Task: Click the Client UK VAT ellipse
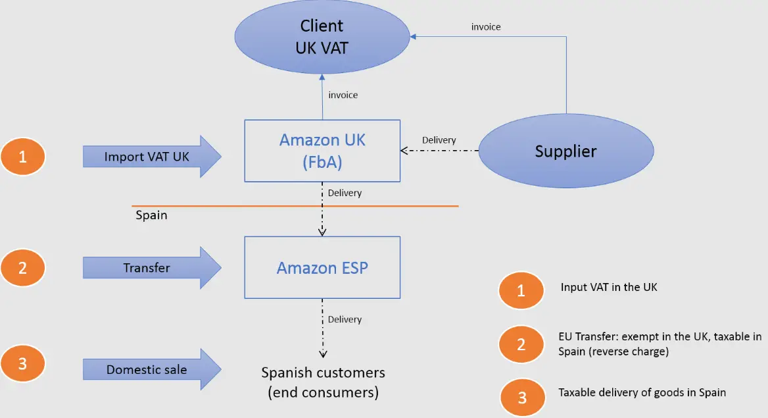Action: (322, 36)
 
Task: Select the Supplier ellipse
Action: (565, 151)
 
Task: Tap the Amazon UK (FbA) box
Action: (322, 150)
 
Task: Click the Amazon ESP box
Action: (322, 267)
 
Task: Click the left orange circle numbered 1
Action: (22, 157)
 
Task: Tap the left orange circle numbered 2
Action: (22, 268)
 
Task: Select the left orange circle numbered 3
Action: (22, 363)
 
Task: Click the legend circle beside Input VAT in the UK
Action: (521, 290)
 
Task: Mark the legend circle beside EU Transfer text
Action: (521, 344)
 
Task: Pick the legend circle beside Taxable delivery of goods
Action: (522, 398)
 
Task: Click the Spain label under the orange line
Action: (151, 215)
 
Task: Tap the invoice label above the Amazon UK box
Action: (343, 95)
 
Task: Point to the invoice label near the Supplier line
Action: (486, 27)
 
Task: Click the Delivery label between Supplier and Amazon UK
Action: (439, 140)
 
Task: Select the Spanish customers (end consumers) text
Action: (323, 382)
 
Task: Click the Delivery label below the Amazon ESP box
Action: (345, 319)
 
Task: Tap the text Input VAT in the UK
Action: (609, 287)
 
